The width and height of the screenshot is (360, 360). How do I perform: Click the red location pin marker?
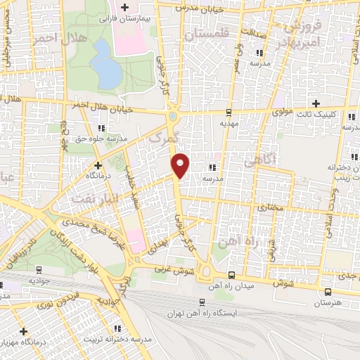click(181, 165)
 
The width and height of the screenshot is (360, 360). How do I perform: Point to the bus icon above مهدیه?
click(228, 112)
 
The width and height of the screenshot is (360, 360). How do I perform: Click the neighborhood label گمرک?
click(165, 138)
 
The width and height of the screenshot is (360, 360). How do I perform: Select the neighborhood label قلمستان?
click(205, 33)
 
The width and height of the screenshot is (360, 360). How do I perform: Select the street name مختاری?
click(270, 207)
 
